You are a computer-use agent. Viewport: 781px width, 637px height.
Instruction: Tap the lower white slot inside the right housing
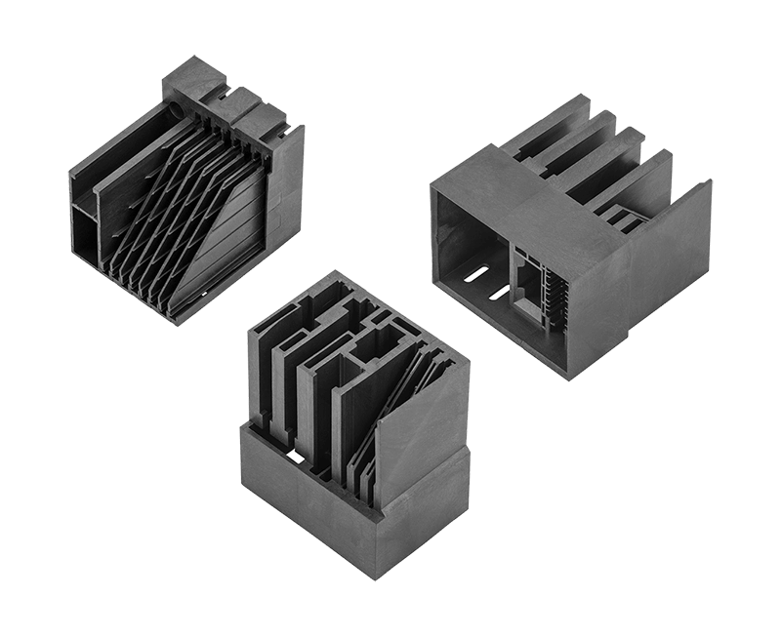(499, 291)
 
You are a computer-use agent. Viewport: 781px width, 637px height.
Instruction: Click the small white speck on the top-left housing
(203, 293)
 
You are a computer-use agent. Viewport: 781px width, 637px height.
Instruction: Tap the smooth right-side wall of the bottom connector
(420, 429)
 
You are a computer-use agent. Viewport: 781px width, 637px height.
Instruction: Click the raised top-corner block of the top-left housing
(195, 73)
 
